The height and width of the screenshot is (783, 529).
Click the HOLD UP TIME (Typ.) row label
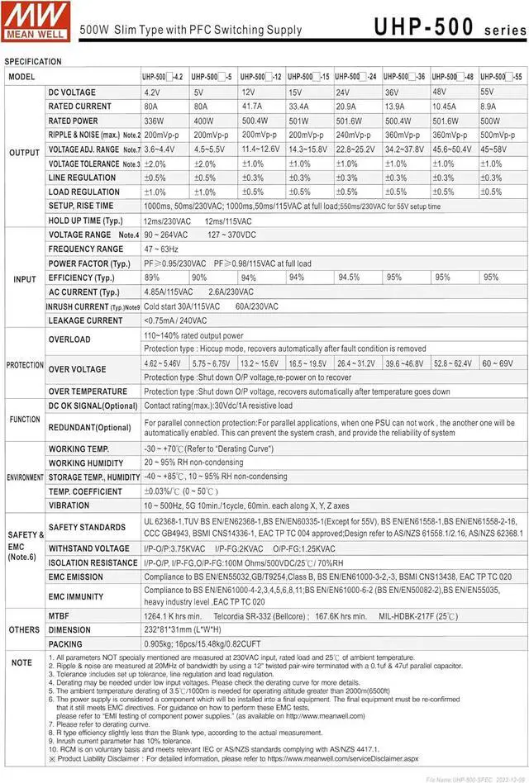click(x=87, y=221)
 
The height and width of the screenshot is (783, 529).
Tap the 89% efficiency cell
click(x=153, y=278)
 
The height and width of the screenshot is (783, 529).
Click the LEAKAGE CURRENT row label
click(x=85, y=320)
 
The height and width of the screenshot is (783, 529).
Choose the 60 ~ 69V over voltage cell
click(x=498, y=363)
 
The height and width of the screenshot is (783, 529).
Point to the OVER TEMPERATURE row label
click(x=88, y=391)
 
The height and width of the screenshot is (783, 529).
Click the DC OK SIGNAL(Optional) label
click(x=93, y=406)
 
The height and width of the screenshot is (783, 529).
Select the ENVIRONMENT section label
click(x=25, y=477)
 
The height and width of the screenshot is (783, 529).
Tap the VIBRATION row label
click(x=69, y=505)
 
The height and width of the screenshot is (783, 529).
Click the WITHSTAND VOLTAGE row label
click(x=88, y=548)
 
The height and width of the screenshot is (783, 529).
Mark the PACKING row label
click(x=65, y=644)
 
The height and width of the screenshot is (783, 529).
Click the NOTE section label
click(x=21, y=662)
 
